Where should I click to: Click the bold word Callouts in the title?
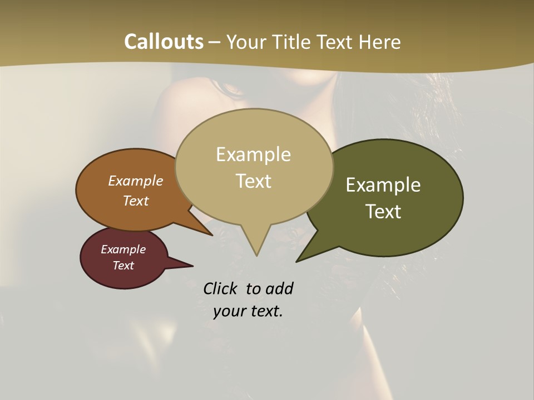164,42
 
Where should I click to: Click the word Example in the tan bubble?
253,154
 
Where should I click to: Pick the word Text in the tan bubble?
253,181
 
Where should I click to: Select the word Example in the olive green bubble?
383,185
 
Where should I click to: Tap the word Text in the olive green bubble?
383,212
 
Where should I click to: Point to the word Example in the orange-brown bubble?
136,181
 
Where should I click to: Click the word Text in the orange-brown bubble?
136,201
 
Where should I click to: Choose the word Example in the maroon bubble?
123,249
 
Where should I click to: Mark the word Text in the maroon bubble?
123,266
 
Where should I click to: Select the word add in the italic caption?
279,288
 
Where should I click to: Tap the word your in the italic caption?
229,311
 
